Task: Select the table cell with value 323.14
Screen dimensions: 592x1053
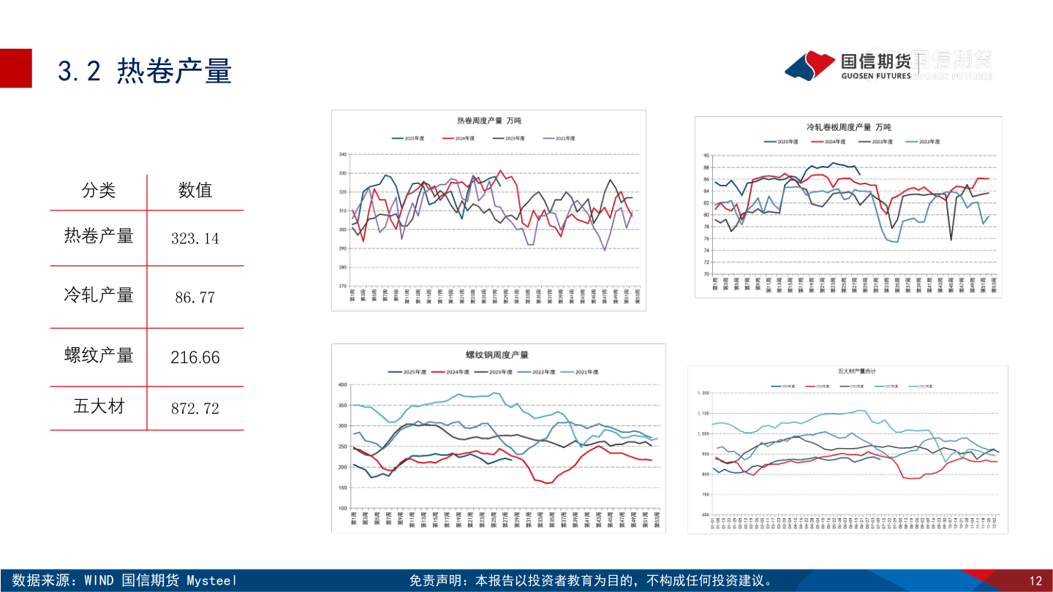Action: tap(195, 238)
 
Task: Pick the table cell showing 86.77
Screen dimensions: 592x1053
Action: tap(195, 297)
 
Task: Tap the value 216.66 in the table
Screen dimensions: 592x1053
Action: tap(195, 357)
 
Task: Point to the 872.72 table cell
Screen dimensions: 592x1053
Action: tap(195, 409)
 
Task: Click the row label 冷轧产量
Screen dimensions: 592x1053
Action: tap(99, 295)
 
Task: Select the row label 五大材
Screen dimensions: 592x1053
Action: tap(99, 406)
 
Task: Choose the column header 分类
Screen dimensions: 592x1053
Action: tap(99, 191)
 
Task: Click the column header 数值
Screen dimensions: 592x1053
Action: tap(195, 191)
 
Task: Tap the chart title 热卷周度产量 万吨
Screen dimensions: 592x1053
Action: tap(488, 121)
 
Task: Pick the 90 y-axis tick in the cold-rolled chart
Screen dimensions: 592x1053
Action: tap(706, 156)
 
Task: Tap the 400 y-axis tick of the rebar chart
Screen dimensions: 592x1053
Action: tap(341, 384)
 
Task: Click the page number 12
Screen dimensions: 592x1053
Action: tap(1035, 582)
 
